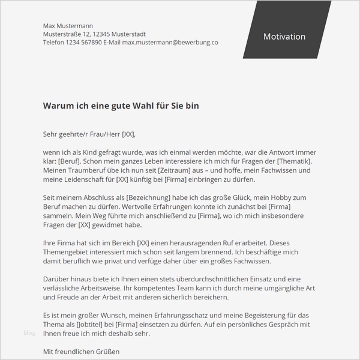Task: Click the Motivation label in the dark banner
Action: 284,37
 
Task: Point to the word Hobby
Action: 294,197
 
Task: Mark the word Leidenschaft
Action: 91,179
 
